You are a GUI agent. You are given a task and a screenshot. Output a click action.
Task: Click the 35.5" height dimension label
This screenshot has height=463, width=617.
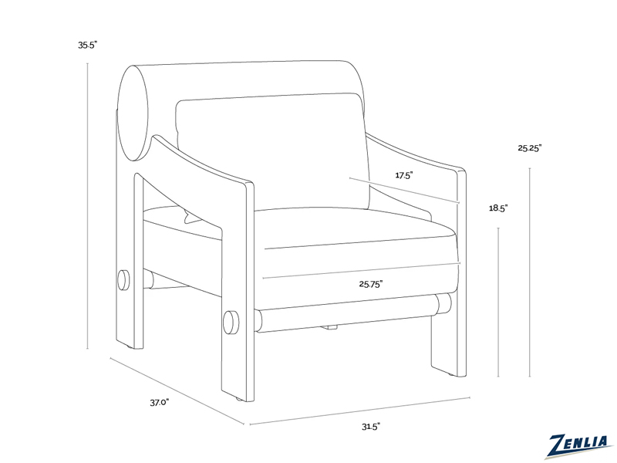pos(87,45)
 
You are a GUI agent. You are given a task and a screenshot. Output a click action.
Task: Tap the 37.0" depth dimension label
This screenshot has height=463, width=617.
pos(160,402)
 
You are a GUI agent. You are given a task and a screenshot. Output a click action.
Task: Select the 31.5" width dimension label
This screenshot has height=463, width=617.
pos(371,427)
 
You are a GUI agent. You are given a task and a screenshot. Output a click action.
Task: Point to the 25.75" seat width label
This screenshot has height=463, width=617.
pos(371,284)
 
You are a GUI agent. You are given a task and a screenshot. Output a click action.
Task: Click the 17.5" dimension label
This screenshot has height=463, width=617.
pos(404,175)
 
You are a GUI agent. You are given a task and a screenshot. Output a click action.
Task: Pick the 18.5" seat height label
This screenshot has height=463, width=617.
pos(498,208)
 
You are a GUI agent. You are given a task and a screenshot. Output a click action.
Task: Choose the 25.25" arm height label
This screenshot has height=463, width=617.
pos(530,148)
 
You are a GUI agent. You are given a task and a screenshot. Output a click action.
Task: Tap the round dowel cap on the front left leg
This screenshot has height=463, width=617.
pos(231,322)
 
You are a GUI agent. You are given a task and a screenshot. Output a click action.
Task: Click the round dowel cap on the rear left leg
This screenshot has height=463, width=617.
pos(123,280)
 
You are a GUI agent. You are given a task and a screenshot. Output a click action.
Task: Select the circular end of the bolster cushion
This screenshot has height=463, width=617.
pos(133,113)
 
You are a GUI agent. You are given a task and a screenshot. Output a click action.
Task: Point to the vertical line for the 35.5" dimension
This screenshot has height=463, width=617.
pos(87,206)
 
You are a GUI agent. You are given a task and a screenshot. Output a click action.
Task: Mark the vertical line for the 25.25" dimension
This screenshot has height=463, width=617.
pos(530,272)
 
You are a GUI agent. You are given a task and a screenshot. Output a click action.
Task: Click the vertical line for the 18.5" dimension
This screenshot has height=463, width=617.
pos(498,302)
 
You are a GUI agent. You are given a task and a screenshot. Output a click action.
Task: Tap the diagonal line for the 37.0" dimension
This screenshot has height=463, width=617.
pos(177,391)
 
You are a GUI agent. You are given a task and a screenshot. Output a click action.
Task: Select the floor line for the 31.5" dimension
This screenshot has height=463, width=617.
pos(359,411)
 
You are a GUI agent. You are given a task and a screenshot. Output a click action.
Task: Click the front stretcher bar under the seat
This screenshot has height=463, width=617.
pos(346,313)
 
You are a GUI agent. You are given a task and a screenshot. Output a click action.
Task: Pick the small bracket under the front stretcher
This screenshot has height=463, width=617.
pos(329,326)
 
